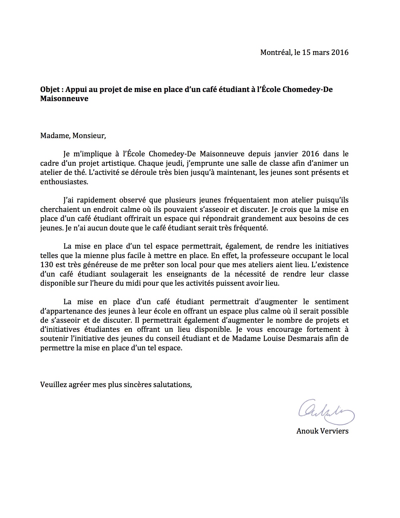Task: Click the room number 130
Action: [46, 265]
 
